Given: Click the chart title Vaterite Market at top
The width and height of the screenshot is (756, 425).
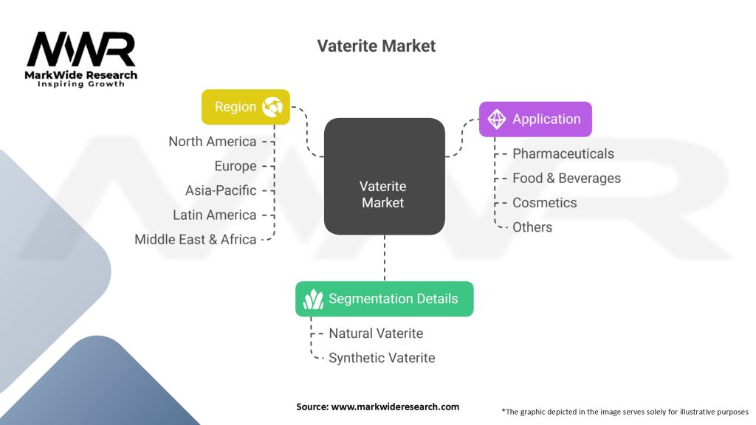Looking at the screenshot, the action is pos(377,46).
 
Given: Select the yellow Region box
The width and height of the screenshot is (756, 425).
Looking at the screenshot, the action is pos(245,107).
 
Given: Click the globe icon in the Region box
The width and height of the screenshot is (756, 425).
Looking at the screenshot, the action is pos(272,107).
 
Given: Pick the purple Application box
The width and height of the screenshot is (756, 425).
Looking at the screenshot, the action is pos(535,119).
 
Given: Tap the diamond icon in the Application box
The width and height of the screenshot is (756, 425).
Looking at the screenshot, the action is pos(496,119).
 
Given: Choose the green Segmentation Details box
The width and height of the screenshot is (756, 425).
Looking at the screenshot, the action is pos(384,299).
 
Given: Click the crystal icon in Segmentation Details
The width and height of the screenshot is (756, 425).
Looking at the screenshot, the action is pos(313,299).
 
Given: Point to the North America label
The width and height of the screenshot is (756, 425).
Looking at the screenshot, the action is pos(213,141).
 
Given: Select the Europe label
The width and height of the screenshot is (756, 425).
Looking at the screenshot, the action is pos(236,166).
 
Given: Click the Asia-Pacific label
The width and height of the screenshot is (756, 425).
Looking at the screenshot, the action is pos(221,190).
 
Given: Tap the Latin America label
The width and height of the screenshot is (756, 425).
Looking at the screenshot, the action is pos(215,215).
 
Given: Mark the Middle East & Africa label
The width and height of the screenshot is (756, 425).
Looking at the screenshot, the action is pos(196,239).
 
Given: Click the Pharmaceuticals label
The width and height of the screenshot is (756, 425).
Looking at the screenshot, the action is pos(563,153).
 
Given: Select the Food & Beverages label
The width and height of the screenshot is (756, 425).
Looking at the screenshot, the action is pos(566,178).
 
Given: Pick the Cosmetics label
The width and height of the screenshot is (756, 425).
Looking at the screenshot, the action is pos(545,202).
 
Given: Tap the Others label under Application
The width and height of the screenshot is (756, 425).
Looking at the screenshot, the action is pos(532,227).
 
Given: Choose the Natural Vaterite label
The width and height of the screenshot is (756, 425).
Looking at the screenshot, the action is pos(376,334).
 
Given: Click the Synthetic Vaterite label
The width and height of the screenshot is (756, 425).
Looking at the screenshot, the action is pos(382,358).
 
